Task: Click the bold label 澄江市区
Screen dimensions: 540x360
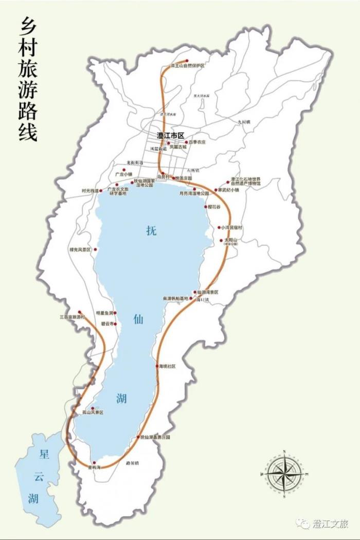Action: (x=170, y=135)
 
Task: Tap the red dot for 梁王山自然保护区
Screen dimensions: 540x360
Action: (x=187, y=61)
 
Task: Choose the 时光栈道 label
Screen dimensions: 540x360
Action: (x=89, y=191)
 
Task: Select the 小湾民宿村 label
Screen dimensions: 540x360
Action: (x=231, y=227)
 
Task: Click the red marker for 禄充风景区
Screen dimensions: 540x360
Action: (x=95, y=249)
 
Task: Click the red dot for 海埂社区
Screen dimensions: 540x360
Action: (x=157, y=366)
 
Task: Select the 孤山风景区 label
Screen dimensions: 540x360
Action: (x=93, y=412)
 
